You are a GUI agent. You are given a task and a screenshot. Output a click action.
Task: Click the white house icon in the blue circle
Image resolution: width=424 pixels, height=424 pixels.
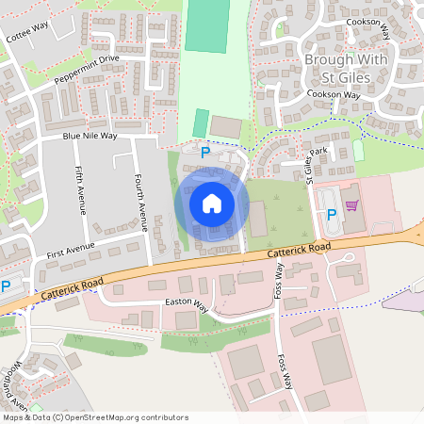[211, 203]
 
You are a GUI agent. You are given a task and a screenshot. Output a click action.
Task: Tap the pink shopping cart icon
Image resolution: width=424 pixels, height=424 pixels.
[351, 205]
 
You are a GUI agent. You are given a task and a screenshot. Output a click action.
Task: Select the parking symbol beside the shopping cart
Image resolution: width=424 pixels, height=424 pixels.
[331, 215]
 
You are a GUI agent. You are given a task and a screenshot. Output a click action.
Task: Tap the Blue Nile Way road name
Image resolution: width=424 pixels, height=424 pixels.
[90, 136]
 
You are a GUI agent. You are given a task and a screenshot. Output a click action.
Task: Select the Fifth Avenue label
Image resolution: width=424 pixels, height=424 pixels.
[79, 188]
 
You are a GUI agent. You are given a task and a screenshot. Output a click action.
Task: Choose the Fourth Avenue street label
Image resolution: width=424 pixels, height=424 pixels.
[140, 203]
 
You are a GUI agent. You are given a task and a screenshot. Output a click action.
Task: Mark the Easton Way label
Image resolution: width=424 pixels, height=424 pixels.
[187, 304]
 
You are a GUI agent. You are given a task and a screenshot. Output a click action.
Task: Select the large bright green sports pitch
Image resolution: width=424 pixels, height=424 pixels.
[206, 25]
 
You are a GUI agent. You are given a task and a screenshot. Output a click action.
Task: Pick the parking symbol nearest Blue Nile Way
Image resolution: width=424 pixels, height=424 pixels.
[204, 152]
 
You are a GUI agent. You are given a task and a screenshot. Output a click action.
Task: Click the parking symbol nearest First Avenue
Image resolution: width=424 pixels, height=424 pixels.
[5, 286]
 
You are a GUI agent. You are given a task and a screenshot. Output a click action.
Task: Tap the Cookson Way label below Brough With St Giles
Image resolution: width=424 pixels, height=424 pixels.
[334, 95]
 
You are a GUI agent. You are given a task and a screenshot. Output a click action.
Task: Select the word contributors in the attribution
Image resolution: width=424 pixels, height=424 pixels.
[165, 417]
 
